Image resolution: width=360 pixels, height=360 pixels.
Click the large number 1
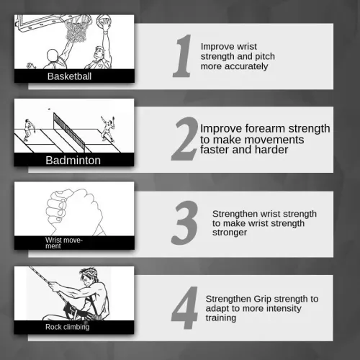(183, 55)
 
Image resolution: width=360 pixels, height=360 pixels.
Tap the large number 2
(185, 139)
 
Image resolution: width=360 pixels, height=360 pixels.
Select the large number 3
(185, 222)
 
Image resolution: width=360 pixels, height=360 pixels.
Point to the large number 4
(185, 307)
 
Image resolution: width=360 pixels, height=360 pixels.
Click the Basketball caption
(69, 76)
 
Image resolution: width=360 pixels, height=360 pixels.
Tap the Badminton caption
(73, 161)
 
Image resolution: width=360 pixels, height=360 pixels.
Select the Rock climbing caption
(68, 327)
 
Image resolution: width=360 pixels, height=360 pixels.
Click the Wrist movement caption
(64, 243)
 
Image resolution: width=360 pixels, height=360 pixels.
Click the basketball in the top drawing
(102, 19)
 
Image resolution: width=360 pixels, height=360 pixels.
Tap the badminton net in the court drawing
(69, 132)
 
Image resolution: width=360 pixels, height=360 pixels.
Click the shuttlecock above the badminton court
(49, 109)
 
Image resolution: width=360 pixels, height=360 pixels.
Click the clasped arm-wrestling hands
(74, 208)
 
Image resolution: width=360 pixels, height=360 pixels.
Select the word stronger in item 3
(230, 233)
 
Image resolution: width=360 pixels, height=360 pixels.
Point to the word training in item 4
(221, 318)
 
